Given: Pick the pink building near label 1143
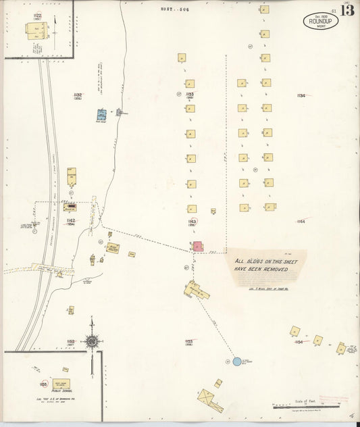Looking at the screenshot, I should coord(197,247).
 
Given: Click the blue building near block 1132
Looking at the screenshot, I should coord(101,115).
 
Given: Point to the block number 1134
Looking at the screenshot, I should coord(301,95).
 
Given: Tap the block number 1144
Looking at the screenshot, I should coord(301,221).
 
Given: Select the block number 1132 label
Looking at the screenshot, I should coord(78,95).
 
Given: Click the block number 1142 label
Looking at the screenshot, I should coord(71,220).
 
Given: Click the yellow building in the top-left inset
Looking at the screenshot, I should coord(36,32).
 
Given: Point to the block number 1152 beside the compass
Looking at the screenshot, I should coord(71,342).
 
